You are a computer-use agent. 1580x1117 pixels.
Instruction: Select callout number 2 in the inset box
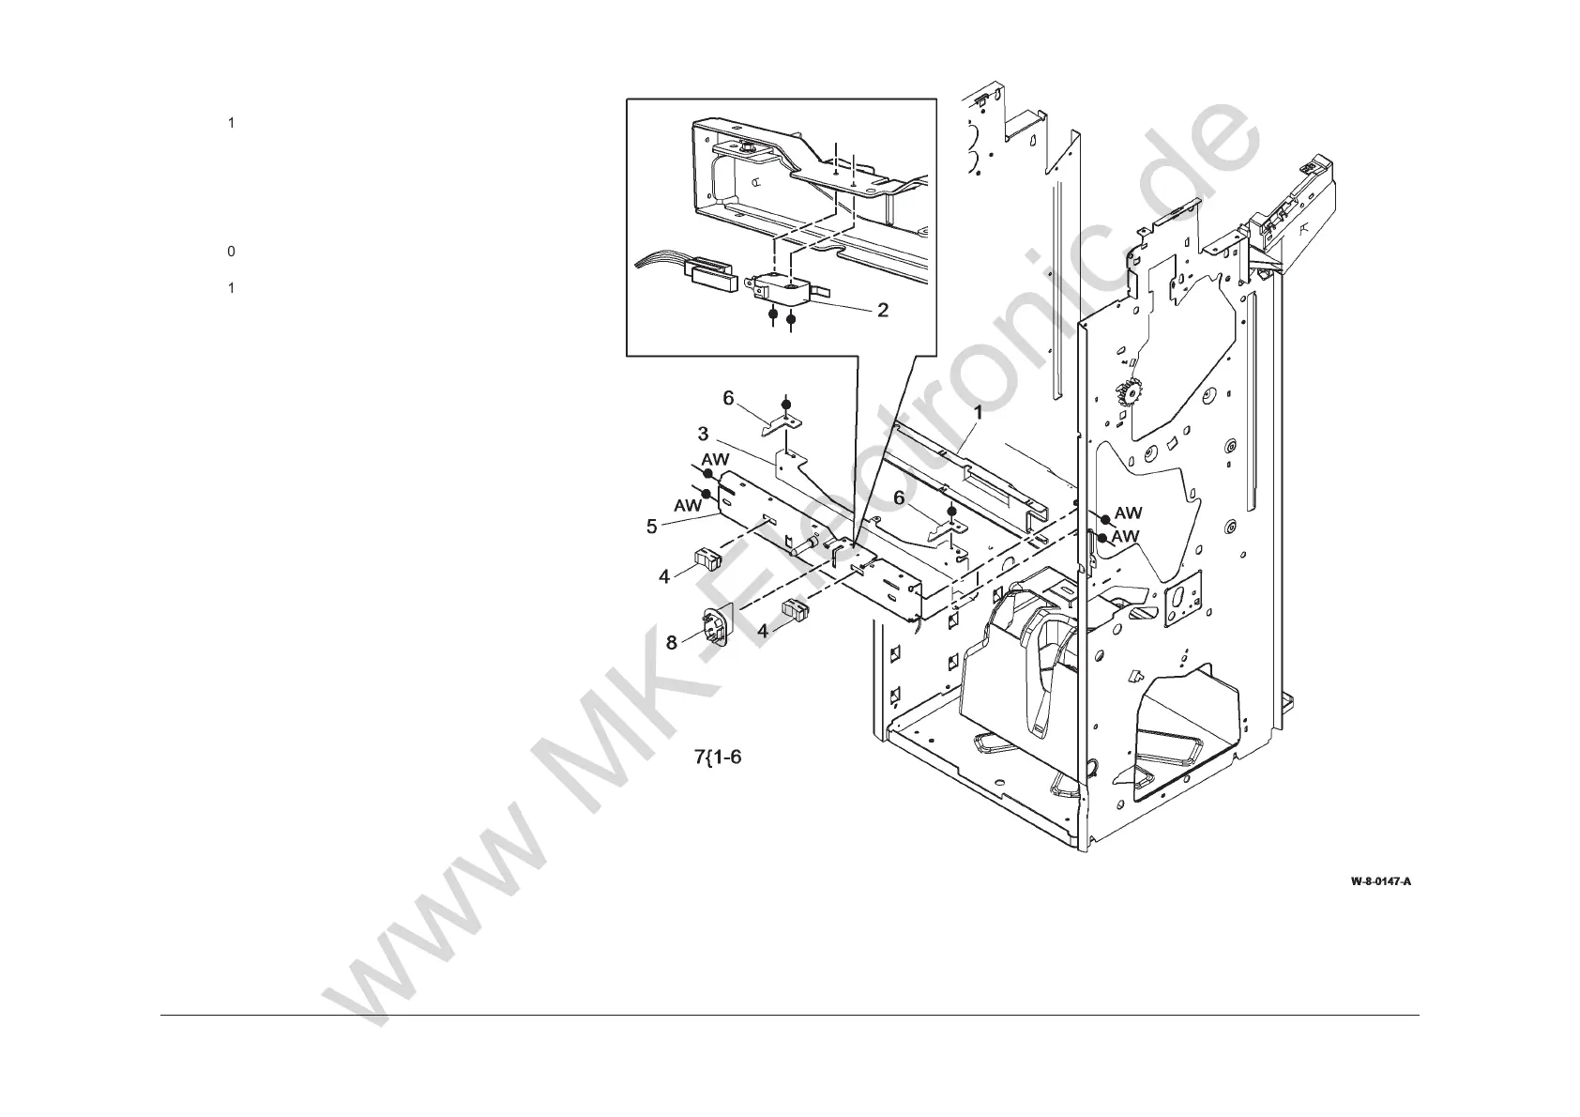pos(882,309)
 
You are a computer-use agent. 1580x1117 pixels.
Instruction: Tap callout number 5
pos(651,527)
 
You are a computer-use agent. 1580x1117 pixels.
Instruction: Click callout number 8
pos(672,643)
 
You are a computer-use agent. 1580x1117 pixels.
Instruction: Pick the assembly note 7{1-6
pos(718,757)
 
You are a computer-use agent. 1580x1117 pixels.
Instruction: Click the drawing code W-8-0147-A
pos(1380,881)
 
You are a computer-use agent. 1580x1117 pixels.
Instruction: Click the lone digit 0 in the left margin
pos(231,252)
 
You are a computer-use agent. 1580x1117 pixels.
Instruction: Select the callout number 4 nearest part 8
pos(763,631)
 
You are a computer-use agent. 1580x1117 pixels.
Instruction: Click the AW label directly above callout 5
pos(716,460)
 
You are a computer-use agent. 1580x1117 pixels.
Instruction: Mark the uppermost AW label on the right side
pos(1128,513)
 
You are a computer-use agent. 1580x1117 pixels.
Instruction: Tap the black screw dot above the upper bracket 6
pos(786,404)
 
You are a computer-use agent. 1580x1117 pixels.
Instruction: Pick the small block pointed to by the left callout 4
pos(705,559)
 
